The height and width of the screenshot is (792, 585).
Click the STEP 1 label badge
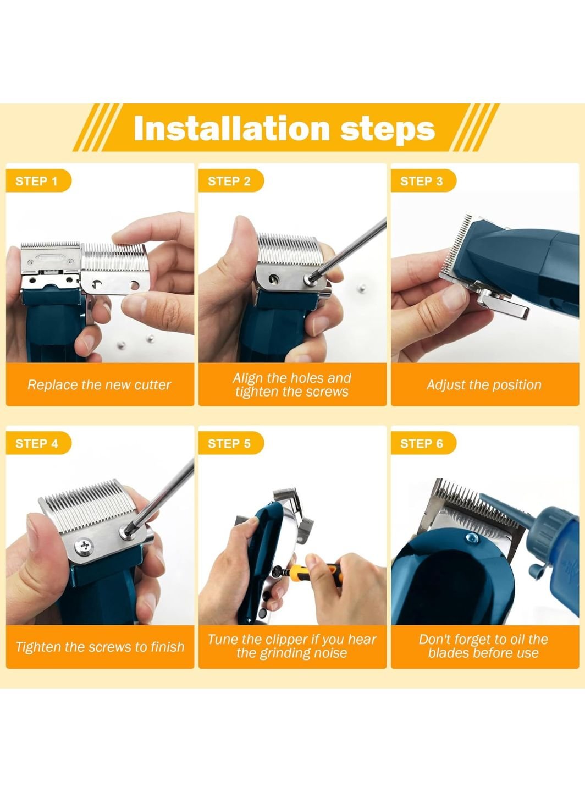point(38,181)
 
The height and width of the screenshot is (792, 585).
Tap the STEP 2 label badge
point(231,181)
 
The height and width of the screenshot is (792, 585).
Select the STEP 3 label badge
point(423,181)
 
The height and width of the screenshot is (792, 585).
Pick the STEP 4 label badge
point(38,443)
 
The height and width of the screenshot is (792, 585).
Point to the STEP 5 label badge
point(231,443)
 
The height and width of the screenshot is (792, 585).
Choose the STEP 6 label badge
point(423,443)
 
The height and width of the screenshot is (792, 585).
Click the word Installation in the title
point(231,128)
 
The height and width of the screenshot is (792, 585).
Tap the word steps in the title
point(388,129)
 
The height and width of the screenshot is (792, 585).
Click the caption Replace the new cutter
point(100,385)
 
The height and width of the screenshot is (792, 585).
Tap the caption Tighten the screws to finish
point(100,647)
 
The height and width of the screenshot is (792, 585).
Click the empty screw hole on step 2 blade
point(274,278)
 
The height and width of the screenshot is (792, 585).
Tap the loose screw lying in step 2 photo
point(362,288)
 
